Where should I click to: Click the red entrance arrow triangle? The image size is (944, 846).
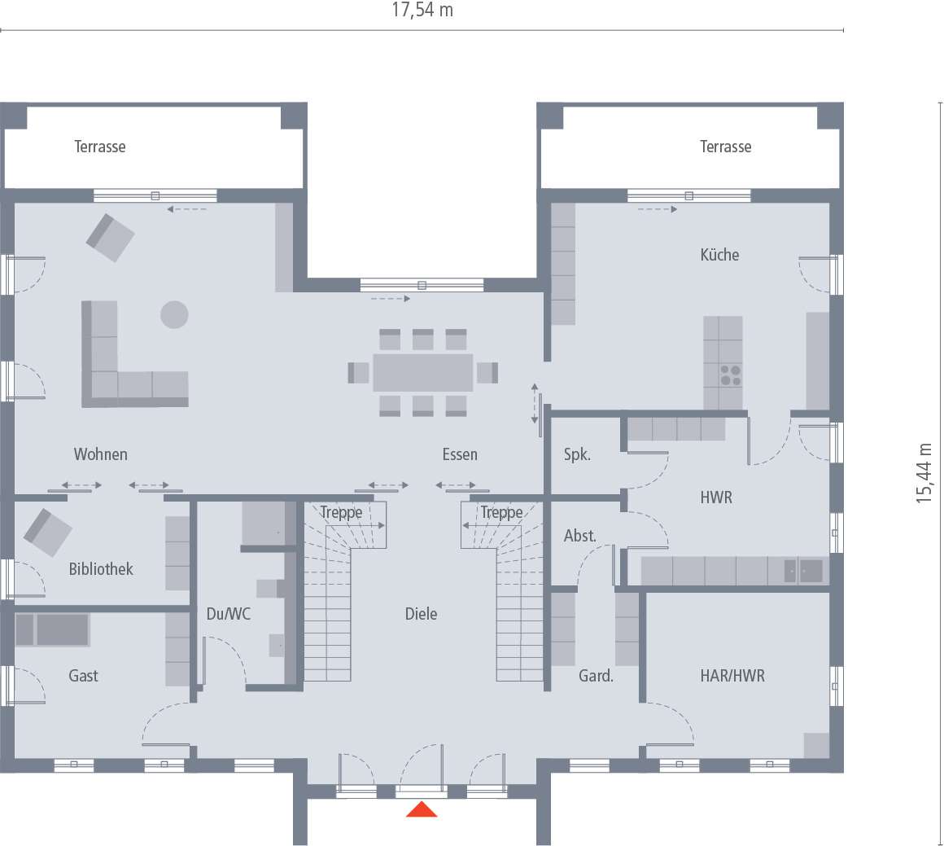tap(422, 809)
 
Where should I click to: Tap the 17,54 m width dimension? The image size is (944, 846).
tap(422, 11)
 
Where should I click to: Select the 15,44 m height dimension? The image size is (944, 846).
tap(924, 473)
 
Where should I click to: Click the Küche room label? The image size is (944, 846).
tap(719, 255)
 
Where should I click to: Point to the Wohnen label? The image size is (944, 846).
tap(101, 454)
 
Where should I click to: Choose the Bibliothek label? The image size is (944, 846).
tap(101, 569)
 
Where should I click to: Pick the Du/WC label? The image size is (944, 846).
tap(229, 614)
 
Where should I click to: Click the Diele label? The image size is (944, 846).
tap(421, 614)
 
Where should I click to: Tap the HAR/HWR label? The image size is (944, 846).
tap(732, 675)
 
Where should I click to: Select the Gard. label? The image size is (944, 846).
tap(596, 676)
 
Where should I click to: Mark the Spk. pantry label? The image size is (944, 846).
tap(577, 454)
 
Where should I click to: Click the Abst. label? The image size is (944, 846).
tap(580, 536)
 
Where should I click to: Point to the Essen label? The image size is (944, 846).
tap(460, 454)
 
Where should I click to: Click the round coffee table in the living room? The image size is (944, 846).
tap(174, 314)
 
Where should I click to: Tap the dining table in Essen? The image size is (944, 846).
tap(423, 373)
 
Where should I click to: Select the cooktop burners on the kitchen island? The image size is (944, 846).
tap(730, 375)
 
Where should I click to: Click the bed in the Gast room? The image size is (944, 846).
tap(53, 629)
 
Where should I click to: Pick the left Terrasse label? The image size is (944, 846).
tap(100, 147)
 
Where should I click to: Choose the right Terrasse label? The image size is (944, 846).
tap(726, 147)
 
